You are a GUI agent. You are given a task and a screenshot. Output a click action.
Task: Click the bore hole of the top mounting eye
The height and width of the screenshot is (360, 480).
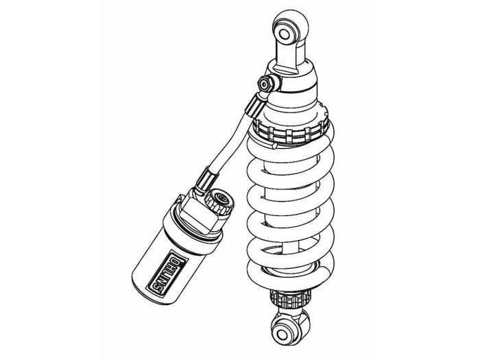[285, 31]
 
